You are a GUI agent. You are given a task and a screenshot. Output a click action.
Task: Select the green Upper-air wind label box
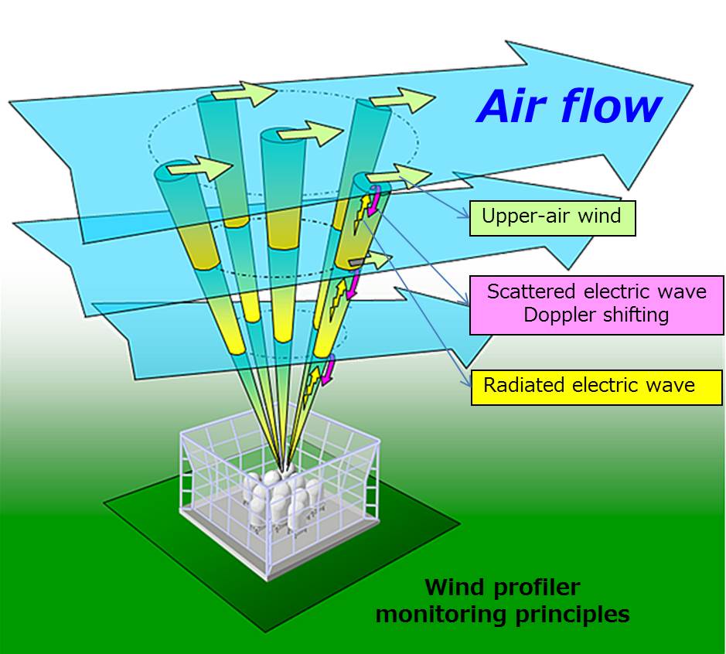point(552,216)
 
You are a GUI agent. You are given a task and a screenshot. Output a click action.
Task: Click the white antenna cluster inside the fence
point(283,499)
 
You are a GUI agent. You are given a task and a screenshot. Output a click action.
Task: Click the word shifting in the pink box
point(633,315)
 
